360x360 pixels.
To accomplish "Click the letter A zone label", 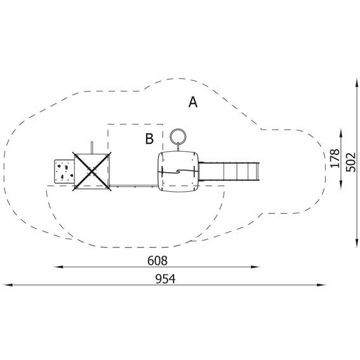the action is pos(193,102).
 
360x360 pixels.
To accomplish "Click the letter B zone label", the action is pos(149,138).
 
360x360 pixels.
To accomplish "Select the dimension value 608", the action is pos(157,261).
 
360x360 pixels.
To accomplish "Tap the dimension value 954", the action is pos(165,279).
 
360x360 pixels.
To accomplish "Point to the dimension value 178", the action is pos(335,159).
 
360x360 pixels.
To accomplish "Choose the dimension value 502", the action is pos(350,162).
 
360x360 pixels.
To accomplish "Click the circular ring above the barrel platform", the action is pos(178,137).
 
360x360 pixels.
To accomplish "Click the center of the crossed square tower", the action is pos(92,171).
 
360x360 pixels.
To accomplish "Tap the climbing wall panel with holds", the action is pos(64,171).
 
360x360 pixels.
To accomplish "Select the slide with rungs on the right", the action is pos(229,171).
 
